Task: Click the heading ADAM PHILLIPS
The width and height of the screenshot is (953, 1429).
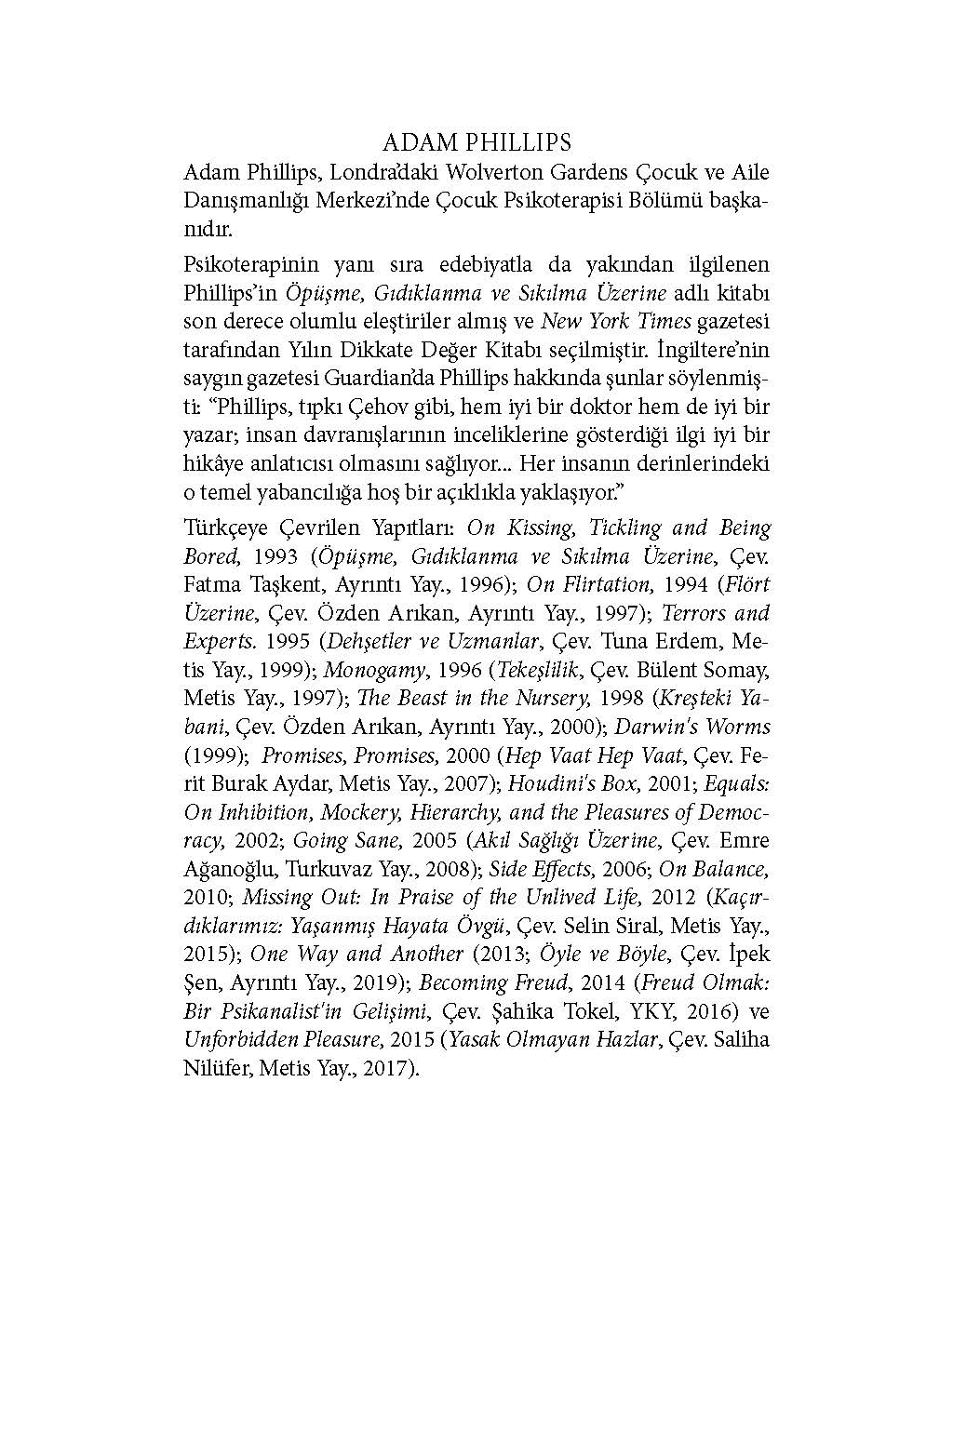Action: click(476, 142)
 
